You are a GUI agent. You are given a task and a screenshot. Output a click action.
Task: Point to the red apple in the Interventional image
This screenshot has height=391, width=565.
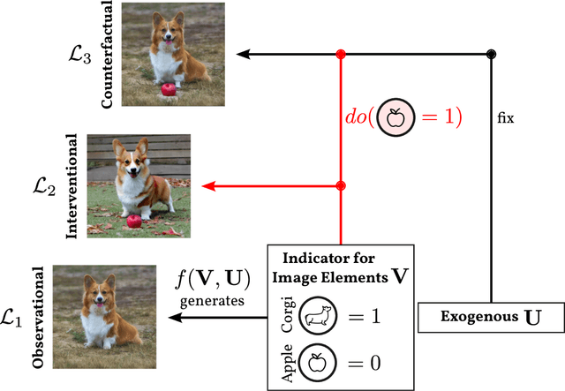pos(133,221)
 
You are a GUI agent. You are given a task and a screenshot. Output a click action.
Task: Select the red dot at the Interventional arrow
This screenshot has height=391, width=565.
pos(341,185)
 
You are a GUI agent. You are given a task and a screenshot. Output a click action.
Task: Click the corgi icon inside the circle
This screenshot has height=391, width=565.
pos(318,314)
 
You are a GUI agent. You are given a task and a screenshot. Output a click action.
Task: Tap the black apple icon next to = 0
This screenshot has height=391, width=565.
pos(318,363)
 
